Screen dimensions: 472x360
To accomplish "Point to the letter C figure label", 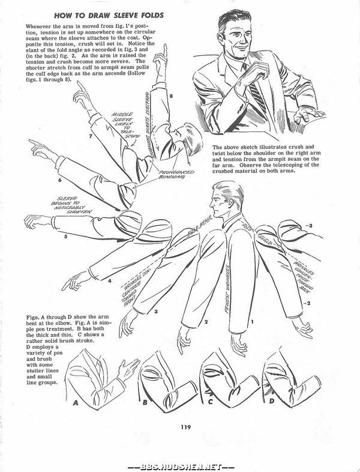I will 209,399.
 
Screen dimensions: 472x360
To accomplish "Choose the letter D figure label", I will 272,399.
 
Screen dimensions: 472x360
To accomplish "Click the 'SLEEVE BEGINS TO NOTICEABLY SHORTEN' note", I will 74,205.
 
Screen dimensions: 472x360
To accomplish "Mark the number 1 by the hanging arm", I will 253,322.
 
